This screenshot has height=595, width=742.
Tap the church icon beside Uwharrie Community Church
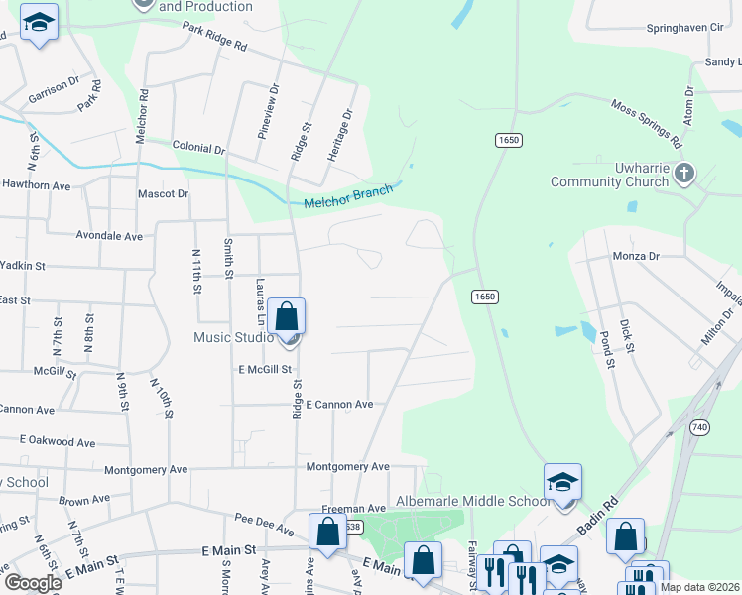[683, 175]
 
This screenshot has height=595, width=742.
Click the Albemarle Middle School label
[472, 501]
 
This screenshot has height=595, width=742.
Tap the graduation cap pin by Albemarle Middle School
[562, 483]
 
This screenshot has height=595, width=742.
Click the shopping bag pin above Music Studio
[286, 318]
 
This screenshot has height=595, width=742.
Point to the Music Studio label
[233, 337]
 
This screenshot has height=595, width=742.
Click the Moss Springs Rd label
[646, 119]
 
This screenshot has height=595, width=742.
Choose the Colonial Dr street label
[198, 148]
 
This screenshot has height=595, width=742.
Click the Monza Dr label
[636, 256]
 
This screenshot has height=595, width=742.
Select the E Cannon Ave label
[339, 405]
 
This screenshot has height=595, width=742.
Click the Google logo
[32, 582]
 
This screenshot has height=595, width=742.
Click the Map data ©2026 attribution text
[698, 587]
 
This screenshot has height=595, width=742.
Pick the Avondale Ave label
[109, 236]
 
